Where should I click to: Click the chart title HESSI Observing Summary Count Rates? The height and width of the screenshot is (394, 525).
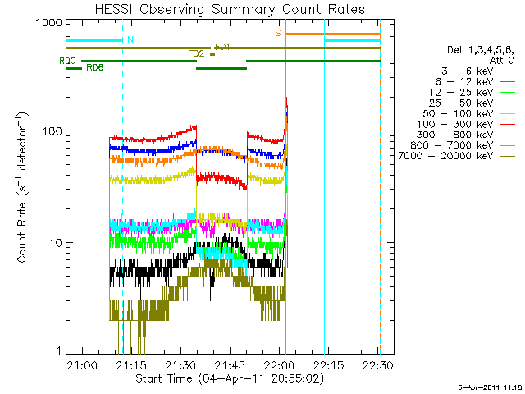pyautogui.click(x=230, y=9)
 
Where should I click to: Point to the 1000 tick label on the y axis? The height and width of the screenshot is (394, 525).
pyautogui.click(x=49, y=23)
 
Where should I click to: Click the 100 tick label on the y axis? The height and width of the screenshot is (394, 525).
pyautogui.click(x=52, y=131)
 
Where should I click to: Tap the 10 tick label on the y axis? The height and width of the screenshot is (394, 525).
pyautogui.click(x=56, y=243)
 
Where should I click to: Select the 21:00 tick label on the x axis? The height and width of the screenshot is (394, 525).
pyautogui.click(x=82, y=364)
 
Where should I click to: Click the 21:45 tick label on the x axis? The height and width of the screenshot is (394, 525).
pyautogui.click(x=230, y=364)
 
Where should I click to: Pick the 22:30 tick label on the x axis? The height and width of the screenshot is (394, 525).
pyautogui.click(x=377, y=364)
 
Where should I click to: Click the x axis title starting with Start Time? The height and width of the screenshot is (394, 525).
pyautogui.click(x=230, y=378)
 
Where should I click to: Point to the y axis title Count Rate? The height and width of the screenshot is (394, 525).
pyautogui.click(x=22, y=187)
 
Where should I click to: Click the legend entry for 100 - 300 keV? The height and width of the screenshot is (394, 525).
pyautogui.click(x=465, y=124)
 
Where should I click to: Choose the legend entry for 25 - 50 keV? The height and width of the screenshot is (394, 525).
pyautogui.click(x=472, y=103)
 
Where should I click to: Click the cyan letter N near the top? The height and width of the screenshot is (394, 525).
pyautogui.click(x=130, y=39)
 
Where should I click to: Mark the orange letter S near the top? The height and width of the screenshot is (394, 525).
pyautogui.click(x=278, y=33)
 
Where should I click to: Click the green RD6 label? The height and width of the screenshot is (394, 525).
pyautogui.click(x=95, y=67)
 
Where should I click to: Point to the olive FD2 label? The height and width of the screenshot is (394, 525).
pyautogui.click(x=196, y=53)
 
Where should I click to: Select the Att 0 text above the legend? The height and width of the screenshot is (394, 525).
pyautogui.click(x=502, y=60)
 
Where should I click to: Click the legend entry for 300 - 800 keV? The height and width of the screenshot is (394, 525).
pyautogui.click(x=465, y=135)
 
